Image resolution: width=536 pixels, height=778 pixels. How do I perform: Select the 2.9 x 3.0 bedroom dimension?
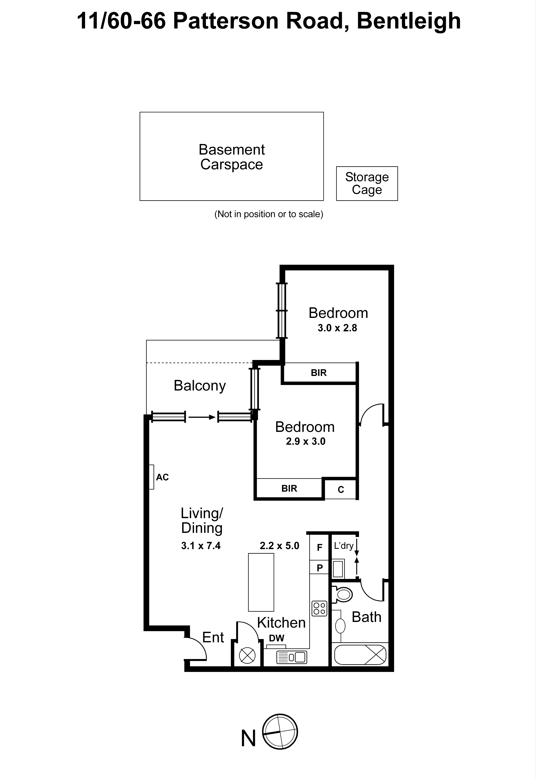[x=305, y=441]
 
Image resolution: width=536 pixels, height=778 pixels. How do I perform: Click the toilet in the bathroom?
[x=343, y=595]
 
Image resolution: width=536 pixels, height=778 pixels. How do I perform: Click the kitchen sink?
[x=291, y=657]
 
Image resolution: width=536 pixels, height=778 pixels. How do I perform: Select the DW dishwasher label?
[x=276, y=638]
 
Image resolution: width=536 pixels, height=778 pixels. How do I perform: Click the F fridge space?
[x=319, y=547]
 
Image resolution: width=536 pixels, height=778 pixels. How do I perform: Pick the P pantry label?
[x=319, y=568]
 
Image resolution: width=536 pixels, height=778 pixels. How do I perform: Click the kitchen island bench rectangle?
[x=261, y=582]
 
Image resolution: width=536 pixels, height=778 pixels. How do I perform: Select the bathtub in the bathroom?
[x=360, y=654]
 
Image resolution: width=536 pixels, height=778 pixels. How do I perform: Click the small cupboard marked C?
[x=340, y=489]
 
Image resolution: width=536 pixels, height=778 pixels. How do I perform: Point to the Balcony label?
[x=199, y=385]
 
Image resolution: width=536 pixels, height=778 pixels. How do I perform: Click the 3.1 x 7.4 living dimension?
[x=200, y=546]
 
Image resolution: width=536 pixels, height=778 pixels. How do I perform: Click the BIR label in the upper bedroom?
[x=318, y=372]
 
